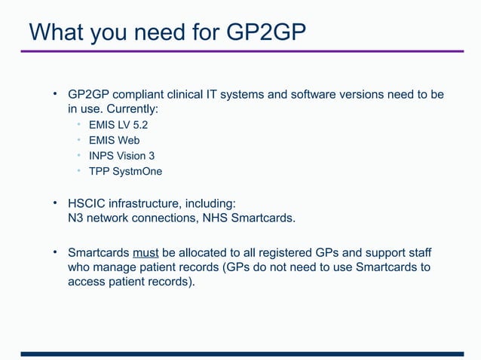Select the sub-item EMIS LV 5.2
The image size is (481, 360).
coord(118,124)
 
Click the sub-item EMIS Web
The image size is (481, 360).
coord(114,140)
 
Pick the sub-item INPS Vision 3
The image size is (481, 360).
coord(121,155)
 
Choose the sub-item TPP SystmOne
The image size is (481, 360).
coord(125,171)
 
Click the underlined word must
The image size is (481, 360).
coord(146,252)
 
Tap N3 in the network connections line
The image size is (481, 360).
coord(75,218)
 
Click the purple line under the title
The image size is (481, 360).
coord(241,52)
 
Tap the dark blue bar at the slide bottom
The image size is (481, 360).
coord(241,353)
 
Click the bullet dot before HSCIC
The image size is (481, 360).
coord(55,203)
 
